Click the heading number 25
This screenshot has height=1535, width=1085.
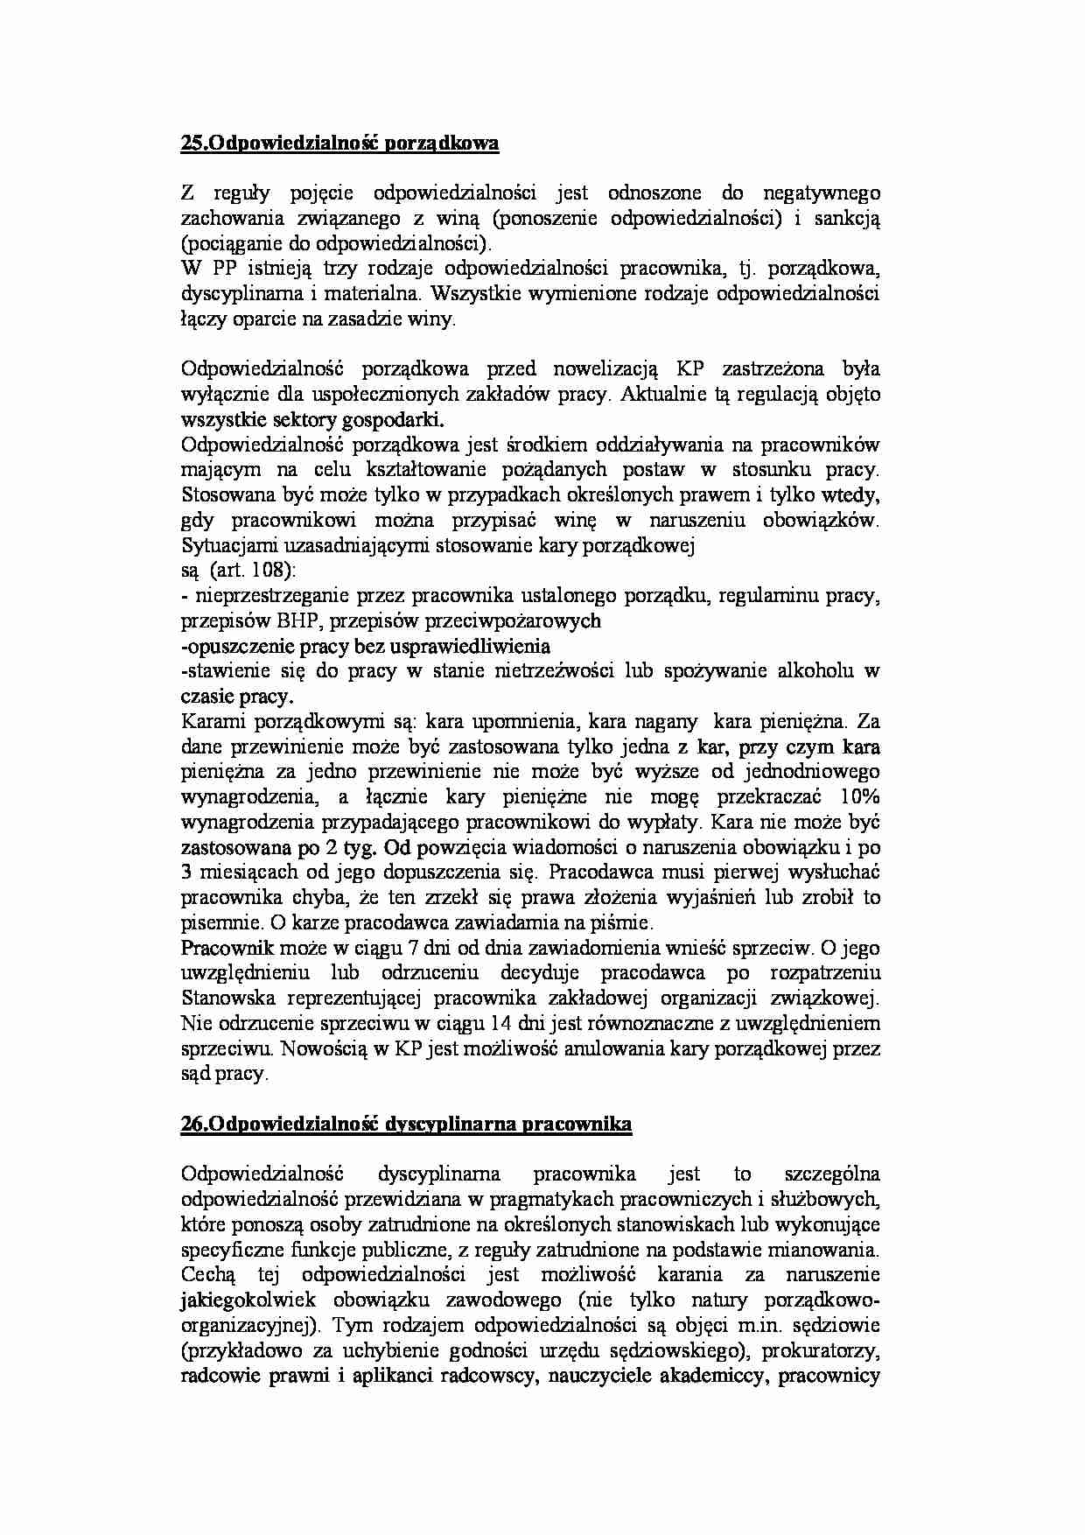[x=191, y=144]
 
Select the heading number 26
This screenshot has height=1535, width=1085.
[x=191, y=1125]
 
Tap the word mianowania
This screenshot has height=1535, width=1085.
[x=825, y=1250]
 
